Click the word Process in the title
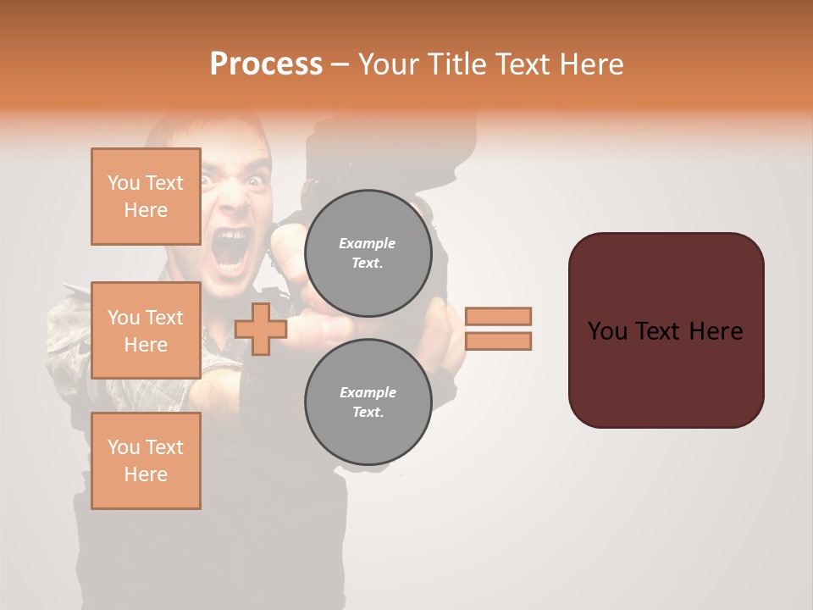tap(266, 64)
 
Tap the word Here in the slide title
tap(588, 64)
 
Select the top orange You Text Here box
tap(146, 197)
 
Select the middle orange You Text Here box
tap(146, 330)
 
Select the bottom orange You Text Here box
tap(146, 461)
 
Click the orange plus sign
tap(260, 330)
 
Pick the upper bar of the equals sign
tap(499, 316)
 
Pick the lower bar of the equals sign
tap(499, 341)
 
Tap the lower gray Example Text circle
tap(368, 402)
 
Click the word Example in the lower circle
tap(368, 392)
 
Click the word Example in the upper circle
tap(368, 243)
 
